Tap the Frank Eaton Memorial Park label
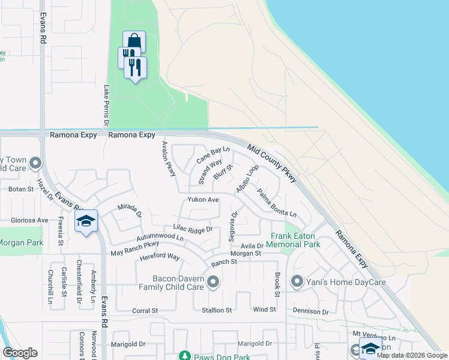click(295, 240)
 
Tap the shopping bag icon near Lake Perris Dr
click(134, 42)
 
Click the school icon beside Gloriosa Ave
click(86, 221)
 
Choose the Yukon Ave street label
click(203, 199)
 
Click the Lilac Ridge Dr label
click(193, 229)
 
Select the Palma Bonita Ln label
click(277, 204)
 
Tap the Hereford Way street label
click(160, 257)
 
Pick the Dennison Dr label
click(311, 311)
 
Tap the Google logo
click(20, 353)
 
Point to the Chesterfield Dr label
click(79, 282)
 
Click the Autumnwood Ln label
click(160, 238)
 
